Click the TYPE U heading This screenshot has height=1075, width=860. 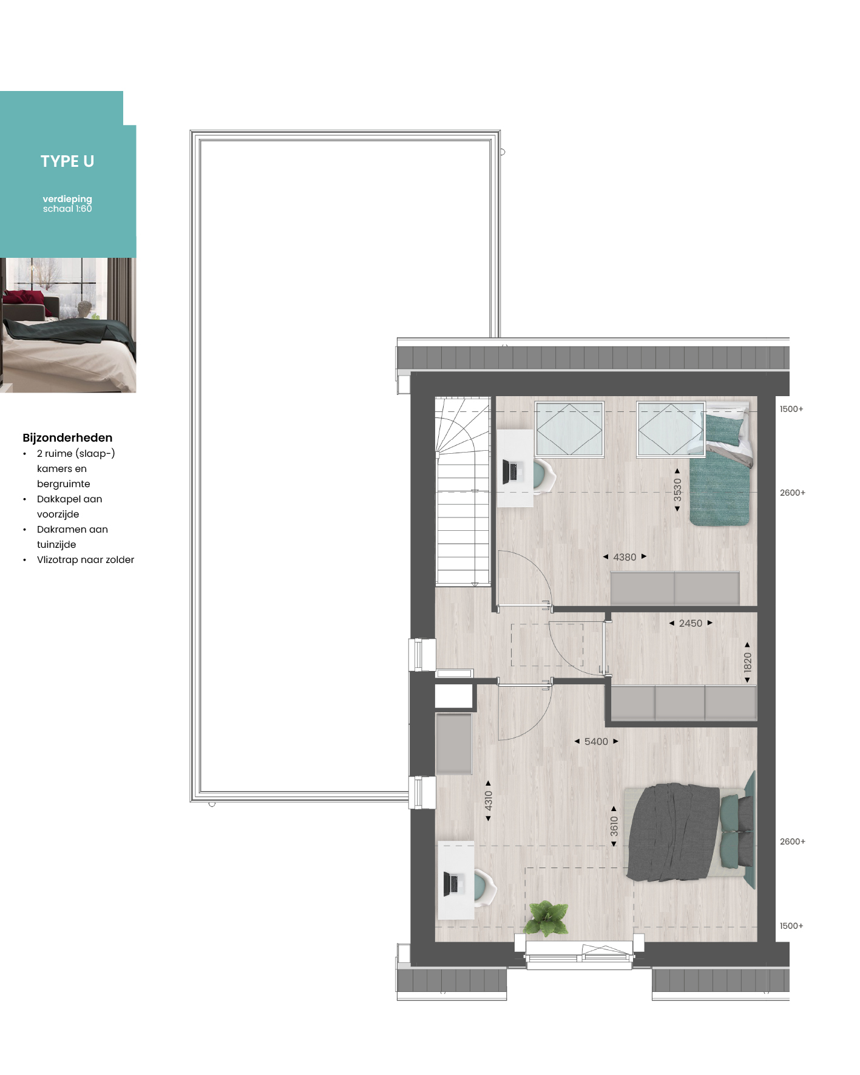pyautogui.click(x=67, y=161)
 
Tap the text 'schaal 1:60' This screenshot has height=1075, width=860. pyautogui.click(x=67, y=209)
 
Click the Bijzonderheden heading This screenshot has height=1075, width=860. pyautogui.click(x=67, y=437)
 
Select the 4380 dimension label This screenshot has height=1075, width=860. pyautogui.click(x=625, y=557)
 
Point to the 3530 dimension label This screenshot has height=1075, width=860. pyautogui.click(x=677, y=490)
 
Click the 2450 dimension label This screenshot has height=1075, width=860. pyautogui.click(x=691, y=623)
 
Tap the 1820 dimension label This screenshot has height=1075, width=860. pyautogui.click(x=747, y=662)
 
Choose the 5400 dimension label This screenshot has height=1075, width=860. pyautogui.click(x=596, y=741)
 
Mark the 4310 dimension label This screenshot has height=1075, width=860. pyautogui.click(x=489, y=801)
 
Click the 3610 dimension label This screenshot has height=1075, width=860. pyautogui.click(x=614, y=826)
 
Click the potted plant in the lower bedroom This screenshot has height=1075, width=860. pyautogui.click(x=546, y=917)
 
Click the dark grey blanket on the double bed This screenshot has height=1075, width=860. pyautogui.click(x=673, y=832)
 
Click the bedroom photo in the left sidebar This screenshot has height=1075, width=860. pyautogui.click(x=68, y=325)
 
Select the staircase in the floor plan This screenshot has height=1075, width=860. pyautogui.click(x=462, y=491)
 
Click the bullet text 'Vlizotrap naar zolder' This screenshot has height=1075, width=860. pyautogui.click(x=86, y=559)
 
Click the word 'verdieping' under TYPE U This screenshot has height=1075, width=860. pyautogui.click(x=67, y=199)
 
